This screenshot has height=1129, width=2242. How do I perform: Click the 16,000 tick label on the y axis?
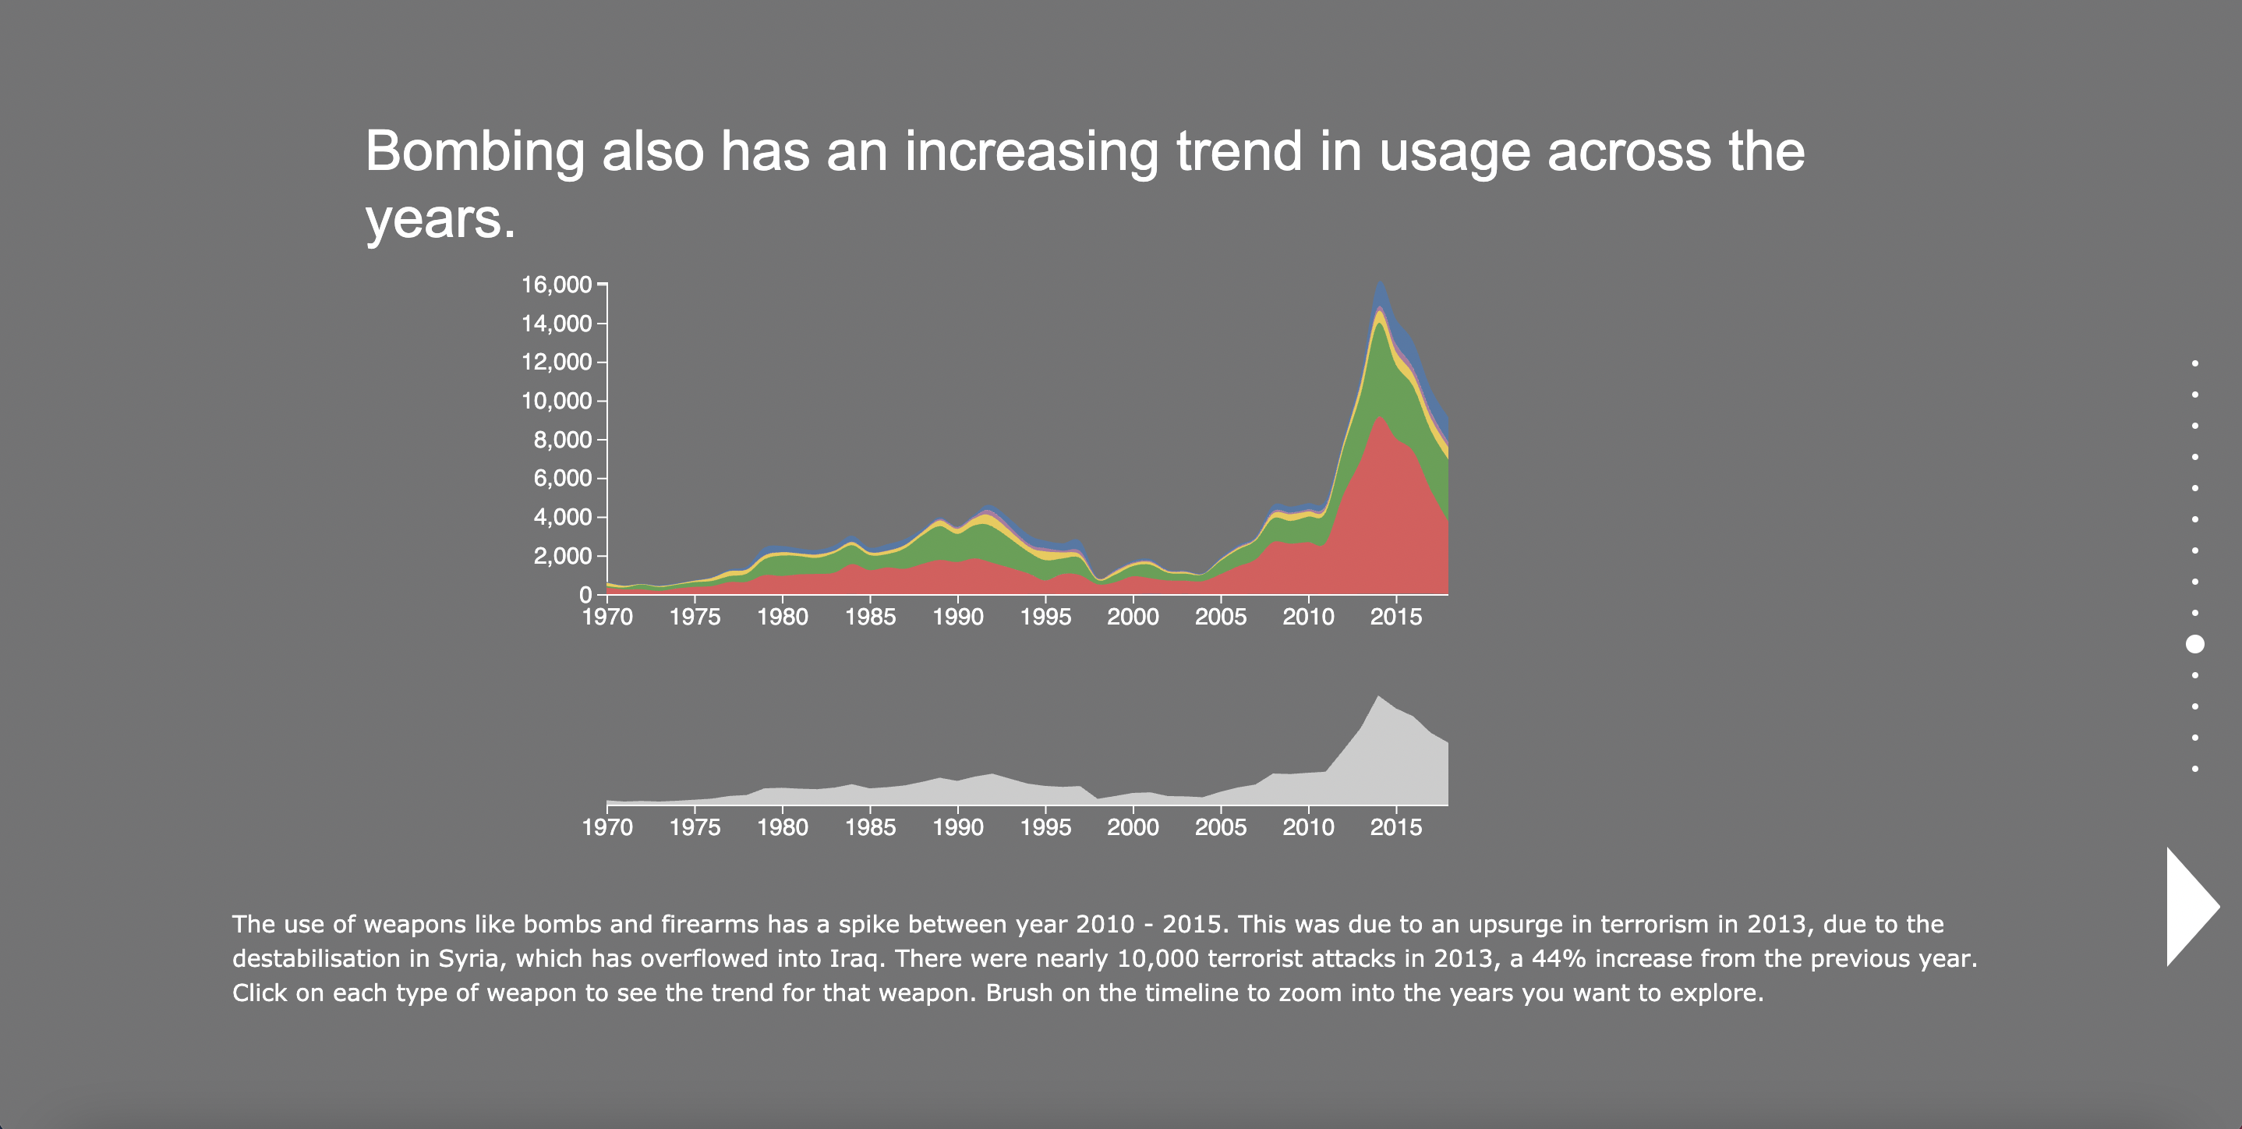point(556,285)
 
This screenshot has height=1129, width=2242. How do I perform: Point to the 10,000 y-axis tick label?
point(556,402)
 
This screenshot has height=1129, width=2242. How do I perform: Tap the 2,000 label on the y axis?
point(562,556)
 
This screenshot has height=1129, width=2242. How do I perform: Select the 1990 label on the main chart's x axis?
point(957,618)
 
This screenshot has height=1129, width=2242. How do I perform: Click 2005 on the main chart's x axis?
point(1220,618)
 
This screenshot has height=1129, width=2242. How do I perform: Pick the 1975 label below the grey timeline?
point(695,827)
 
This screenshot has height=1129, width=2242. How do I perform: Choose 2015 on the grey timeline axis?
point(1396,827)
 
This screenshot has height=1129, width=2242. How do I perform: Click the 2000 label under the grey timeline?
point(1133,827)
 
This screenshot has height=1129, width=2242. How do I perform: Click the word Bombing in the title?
point(474,153)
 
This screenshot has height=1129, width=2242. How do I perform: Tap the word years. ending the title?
point(440,219)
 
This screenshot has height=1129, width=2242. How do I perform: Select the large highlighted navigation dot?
point(2195,644)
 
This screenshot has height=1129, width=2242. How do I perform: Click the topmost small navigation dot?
point(2195,363)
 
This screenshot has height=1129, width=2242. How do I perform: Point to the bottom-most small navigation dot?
point(2195,769)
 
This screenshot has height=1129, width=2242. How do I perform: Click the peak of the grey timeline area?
point(1377,696)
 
